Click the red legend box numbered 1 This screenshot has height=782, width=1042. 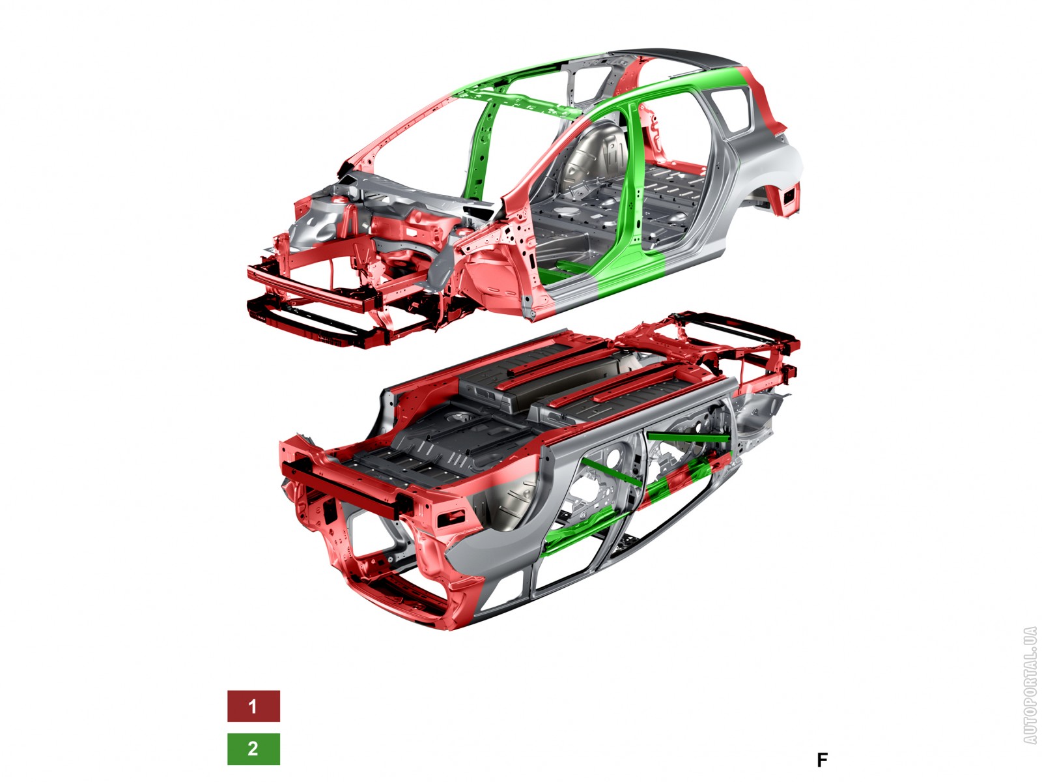tap(253, 706)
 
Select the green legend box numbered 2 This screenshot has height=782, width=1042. tap(253, 749)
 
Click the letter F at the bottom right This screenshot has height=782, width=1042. tap(823, 760)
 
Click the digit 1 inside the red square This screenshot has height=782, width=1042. tap(253, 706)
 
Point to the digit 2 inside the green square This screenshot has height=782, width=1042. tap(253, 749)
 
